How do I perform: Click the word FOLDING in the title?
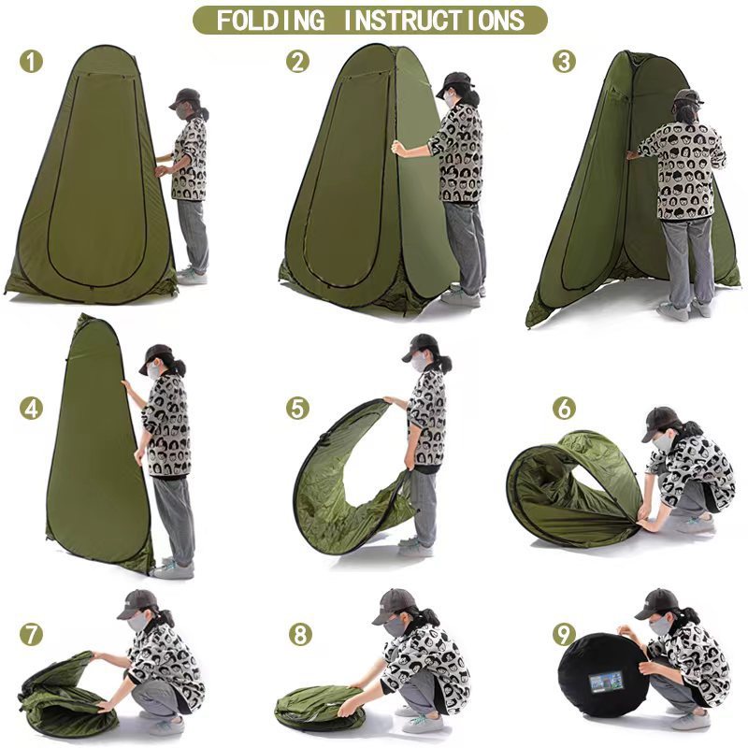(270, 20)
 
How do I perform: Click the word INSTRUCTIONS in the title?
(434, 20)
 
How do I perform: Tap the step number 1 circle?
(31, 62)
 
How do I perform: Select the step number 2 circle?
(297, 62)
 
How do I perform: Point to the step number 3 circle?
(564, 62)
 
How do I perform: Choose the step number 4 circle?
(31, 409)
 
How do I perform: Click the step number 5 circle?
(297, 409)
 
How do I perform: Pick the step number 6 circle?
(564, 409)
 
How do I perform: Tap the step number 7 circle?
(31, 635)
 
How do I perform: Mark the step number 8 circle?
(300, 635)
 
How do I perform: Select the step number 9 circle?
(564, 635)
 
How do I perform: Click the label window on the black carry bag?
(606, 683)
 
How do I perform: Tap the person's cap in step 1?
(186, 98)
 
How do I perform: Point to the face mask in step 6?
(663, 442)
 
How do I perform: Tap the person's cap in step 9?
(656, 603)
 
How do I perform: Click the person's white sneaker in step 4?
(173, 569)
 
